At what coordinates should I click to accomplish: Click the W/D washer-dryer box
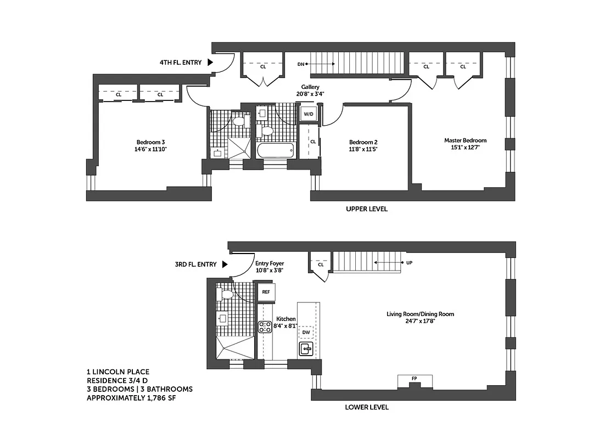pyautogui.click(x=307, y=114)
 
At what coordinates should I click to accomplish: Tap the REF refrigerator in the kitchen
pyautogui.click(x=266, y=292)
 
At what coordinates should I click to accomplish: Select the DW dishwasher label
pyautogui.click(x=306, y=333)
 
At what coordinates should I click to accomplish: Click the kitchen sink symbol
pyautogui.click(x=306, y=348)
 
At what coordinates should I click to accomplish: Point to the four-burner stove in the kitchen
pyautogui.click(x=265, y=328)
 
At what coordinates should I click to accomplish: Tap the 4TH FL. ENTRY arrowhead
pyautogui.click(x=210, y=63)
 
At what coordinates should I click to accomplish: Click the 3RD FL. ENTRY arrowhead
pyautogui.click(x=225, y=264)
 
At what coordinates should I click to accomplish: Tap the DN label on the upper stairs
pyautogui.click(x=300, y=64)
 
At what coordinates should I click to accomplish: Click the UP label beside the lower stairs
pyautogui.click(x=409, y=263)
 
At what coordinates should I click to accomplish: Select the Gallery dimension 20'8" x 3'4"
pyautogui.click(x=310, y=94)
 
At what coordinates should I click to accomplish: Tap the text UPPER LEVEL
pyautogui.click(x=366, y=209)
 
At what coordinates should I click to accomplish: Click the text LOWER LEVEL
pyautogui.click(x=366, y=407)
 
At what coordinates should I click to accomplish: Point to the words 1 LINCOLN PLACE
pyautogui.click(x=118, y=372)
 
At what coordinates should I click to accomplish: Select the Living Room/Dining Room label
pyautogui.click(x=420, y=314)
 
